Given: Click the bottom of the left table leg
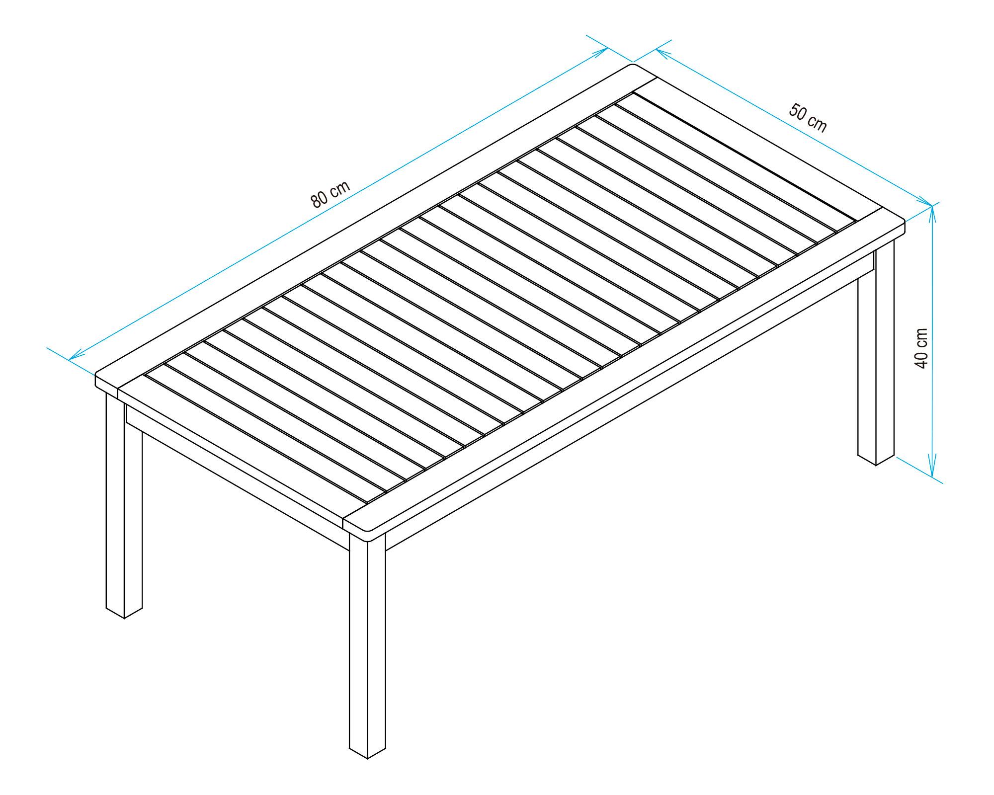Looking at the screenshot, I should pos(124,617).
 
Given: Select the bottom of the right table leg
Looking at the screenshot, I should pos(876,464).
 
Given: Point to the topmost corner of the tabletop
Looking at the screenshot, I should pos(633,65).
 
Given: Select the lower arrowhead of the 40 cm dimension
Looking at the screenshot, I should pos(933,475).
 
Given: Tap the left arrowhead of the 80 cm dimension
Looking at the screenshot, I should pos(73,358).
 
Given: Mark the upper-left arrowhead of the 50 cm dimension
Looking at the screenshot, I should pos(659,50).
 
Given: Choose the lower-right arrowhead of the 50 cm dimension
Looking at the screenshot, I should pos(929,204).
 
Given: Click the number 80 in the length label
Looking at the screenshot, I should pos(320,199).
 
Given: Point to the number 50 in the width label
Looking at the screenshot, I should pos(798,112).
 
